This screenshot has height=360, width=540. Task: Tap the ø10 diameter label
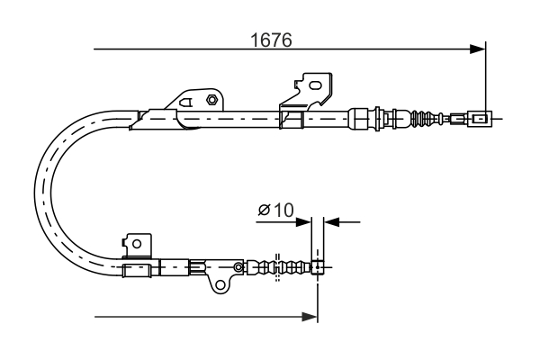[x=275, y=210]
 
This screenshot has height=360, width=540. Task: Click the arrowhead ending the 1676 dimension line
[x=478, y=49]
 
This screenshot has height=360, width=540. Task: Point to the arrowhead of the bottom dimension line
[x=310, y=316]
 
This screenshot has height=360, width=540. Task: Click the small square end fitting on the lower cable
[x=317, y=266]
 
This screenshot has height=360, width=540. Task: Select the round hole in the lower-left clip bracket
[x=136, y=242]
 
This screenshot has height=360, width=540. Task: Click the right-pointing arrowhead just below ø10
[x=304, y=220]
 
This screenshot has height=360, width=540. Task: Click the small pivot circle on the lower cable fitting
[x=238, y=266]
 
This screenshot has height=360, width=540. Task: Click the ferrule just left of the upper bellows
[x=360, y=117]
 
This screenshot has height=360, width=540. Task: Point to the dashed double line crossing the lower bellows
[x=279, y=267]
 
